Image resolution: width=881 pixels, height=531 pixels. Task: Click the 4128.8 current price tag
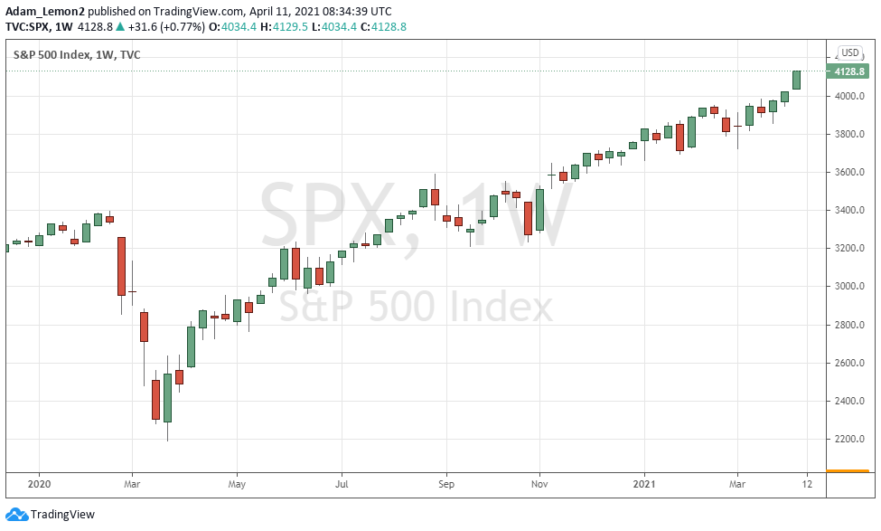(x=849, y=71)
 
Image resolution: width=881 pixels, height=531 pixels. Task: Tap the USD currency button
(x=849, y=52)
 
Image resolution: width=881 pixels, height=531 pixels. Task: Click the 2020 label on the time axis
(x=40, y=483)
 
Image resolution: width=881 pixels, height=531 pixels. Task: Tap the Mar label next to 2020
(x=132, y=483)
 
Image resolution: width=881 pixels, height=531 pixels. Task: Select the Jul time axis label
(x=342, y=483)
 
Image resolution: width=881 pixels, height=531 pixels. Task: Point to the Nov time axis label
(x=539, y=483)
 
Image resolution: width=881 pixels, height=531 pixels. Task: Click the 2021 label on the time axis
(x=644, y=483)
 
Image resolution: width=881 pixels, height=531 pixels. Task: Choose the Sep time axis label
(x=445, y=483)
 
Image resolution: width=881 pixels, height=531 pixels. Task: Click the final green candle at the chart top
(x=796, y=80)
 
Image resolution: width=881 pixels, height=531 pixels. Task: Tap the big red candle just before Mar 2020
(x=121, y=265)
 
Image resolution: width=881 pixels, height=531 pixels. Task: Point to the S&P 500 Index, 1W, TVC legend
(x=77, y=54)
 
